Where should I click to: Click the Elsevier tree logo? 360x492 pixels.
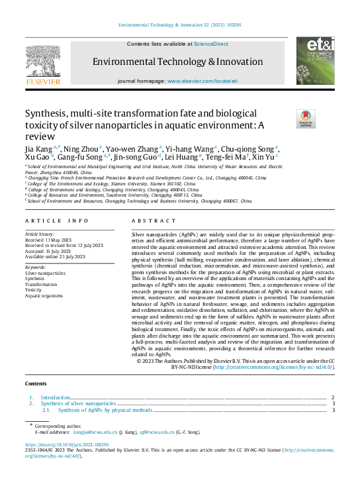44,63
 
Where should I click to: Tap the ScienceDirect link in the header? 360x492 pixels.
210,43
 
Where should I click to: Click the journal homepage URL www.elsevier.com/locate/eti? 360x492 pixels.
202,80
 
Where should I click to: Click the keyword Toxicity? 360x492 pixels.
33,289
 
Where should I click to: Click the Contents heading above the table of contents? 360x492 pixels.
36,383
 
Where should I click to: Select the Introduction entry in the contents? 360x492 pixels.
56,397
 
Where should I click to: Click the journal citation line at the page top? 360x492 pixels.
179,25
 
